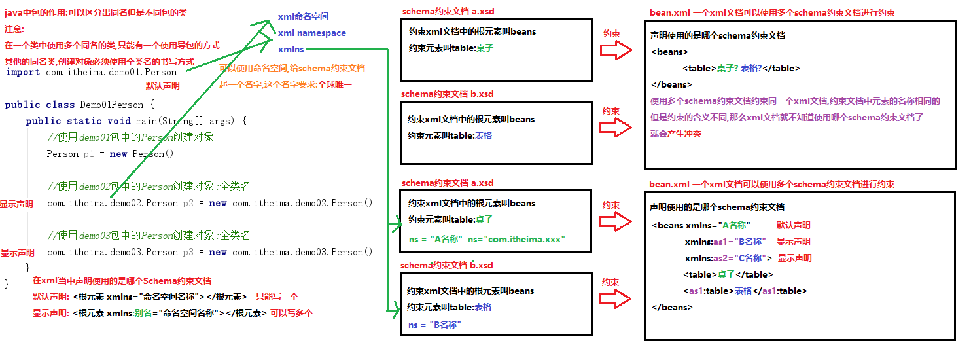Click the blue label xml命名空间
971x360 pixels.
click(x=303, y=16)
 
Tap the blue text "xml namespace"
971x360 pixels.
click(x=312, y=33)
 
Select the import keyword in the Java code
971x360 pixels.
click(x=22, y=72)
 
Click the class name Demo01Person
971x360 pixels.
click(x=111, y=105)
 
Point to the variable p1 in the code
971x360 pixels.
click(x=89, y=154)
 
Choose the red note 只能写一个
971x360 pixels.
click(x=277, y=297)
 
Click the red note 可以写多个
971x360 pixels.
click(x=292, y=313)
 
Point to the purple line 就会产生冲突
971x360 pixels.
click(x=675, y=134)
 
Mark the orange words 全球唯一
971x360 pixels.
click(x=334, y=84)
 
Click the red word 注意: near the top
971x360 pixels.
click(x=14, y=29)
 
